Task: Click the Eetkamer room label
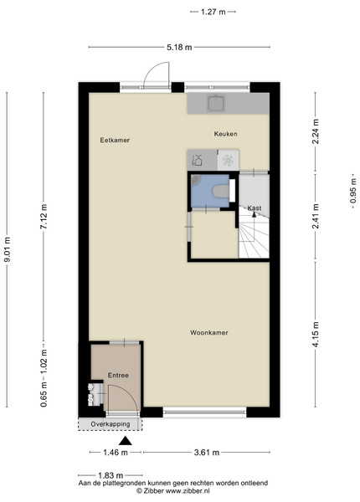[x=115, y=141]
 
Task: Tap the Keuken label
[x=226, y=134]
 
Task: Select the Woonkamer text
[x=209, y=333]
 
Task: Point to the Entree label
[x=118, y=375]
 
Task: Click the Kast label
[x=255, y=208]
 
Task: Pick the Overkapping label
[x=111, y=424]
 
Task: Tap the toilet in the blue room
[x=221, y=192]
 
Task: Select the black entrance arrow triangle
[x=126, y=441]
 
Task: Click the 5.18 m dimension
[x=179, y=48]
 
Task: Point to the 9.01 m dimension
[x=7, y=249]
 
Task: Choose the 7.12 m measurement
[x=44, y=217]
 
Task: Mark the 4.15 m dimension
[x=316, y=334]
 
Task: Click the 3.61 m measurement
[x=207, y=453]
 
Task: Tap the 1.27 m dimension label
[x=213, y=12]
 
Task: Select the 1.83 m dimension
[x=111, y=475]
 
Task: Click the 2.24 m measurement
[x=316, y=131]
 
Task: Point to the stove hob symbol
[x=228, y=160]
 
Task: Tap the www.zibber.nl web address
[x=188, y=490]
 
